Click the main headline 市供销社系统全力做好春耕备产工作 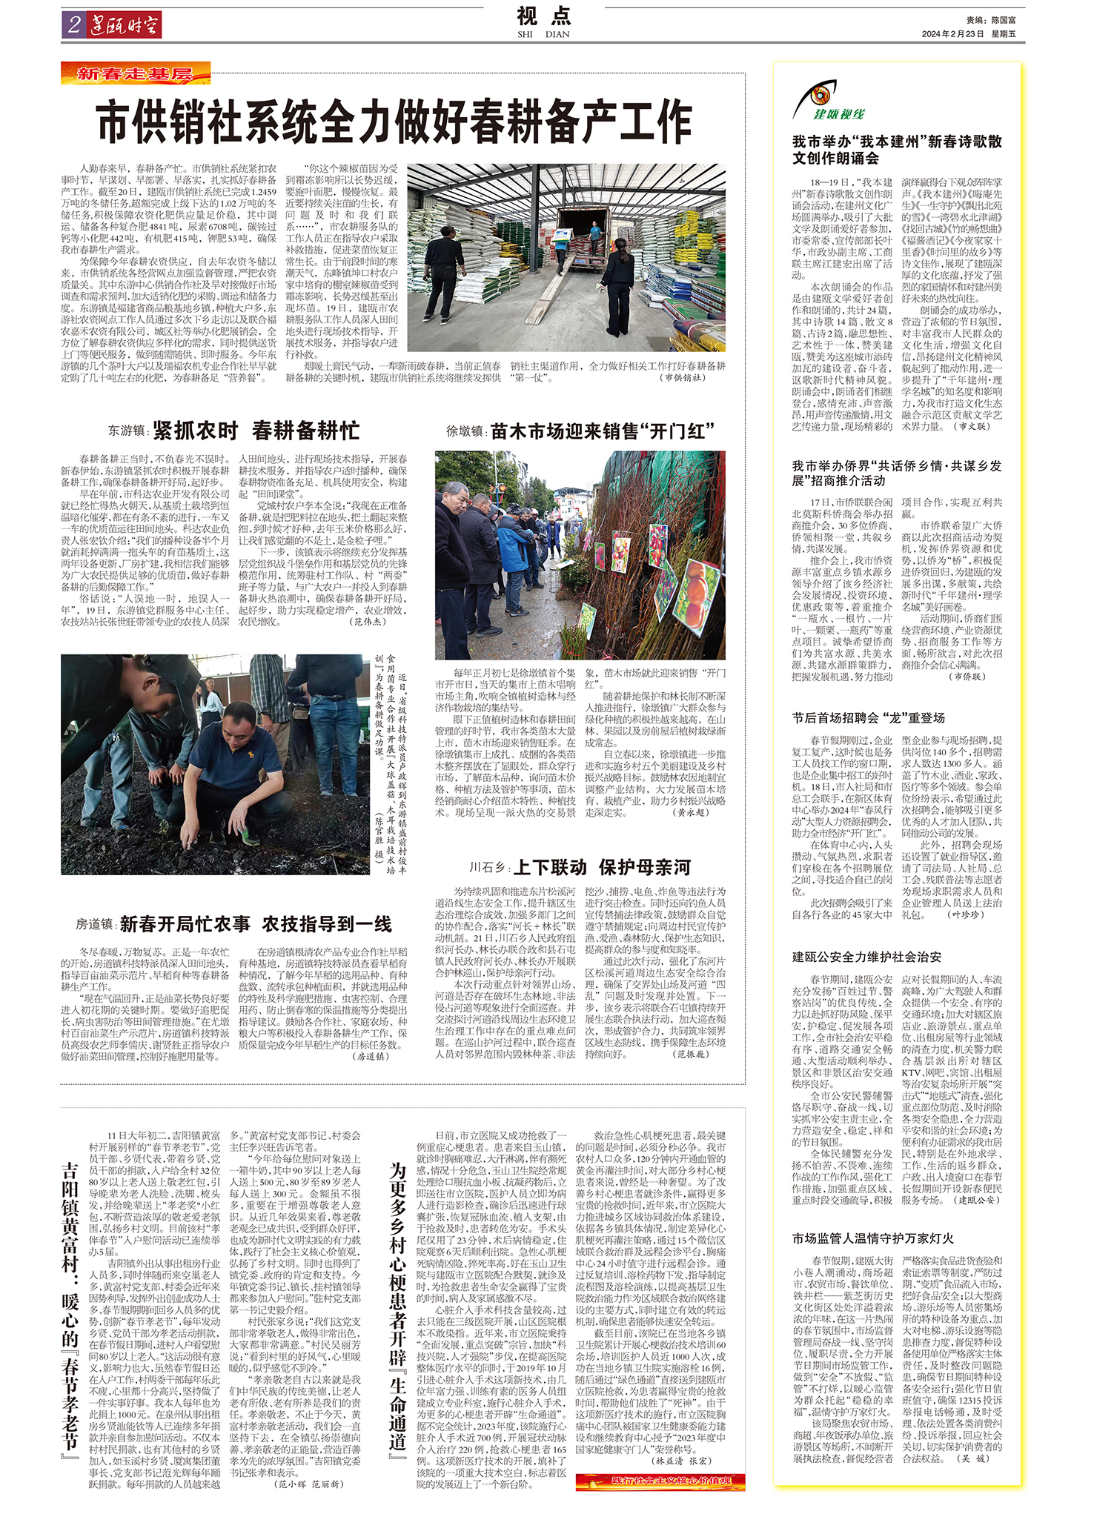coord(394,122)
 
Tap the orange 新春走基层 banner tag coord(135,74)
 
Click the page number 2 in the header coord(73,25)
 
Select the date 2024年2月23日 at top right coord(952,34)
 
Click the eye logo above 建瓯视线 coord(818,96)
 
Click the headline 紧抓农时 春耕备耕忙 coord(256,431)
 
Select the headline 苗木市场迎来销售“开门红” coord(602,431)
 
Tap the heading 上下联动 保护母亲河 coord(602,867)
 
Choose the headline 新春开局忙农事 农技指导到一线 coord(256,924)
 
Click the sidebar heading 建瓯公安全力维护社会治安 coord(866,957)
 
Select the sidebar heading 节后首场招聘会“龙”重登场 coord(868,717)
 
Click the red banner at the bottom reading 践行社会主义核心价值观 coord(660,1481)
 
